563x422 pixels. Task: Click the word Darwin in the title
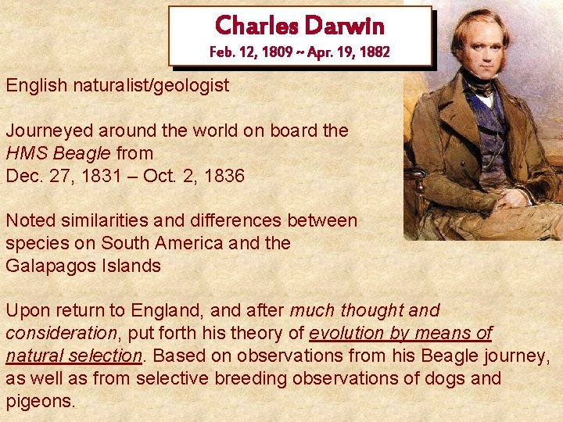pos(345,25)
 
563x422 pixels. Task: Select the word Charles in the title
pos(256,25)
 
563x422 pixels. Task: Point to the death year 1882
pos(372,52)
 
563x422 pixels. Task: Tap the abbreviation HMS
pos(24,153)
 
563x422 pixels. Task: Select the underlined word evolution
pos(351,334)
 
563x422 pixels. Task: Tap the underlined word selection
pos(105,356)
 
